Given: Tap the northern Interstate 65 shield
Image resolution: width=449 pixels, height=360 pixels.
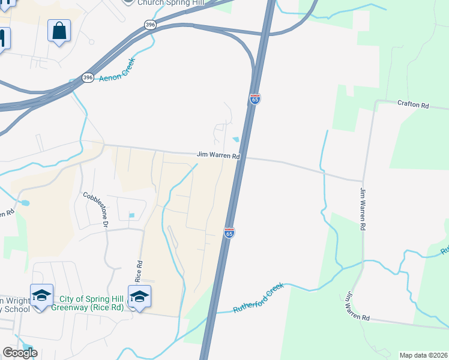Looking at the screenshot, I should coord(255,99).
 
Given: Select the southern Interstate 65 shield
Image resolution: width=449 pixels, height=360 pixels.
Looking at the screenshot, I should coord(229,232).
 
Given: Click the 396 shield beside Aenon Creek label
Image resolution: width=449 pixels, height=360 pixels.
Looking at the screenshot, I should coord(88,78).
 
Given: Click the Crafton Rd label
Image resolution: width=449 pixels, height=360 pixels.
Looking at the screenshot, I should coord(413,105).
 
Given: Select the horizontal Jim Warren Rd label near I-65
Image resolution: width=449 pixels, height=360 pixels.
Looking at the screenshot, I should coord(218,155).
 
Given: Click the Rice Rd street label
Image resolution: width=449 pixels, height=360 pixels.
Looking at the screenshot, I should coord(139,271).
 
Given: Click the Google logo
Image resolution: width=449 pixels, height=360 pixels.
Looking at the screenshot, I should coord(20,353).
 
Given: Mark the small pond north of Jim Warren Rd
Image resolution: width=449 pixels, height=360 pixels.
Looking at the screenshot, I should coord(236,140).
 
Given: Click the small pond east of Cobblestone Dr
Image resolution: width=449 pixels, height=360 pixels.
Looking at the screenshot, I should coord(131,216).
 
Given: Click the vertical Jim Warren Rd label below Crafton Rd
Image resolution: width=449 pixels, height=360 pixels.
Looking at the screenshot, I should coord(363,209).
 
